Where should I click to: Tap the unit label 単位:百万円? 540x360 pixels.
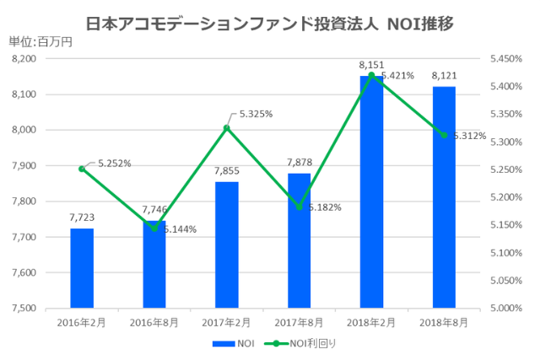[x=40, y=43]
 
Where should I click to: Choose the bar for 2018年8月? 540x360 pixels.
[x=444, y=197]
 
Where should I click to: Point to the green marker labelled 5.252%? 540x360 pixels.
[x=82, y=169]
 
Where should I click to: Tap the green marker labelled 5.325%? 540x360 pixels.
[x=227, y=128]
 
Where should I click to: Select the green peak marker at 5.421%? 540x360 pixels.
[x=371, y=75]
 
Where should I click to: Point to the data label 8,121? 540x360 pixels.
[x=444, y=76]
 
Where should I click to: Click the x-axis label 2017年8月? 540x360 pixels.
[x=299, y=321]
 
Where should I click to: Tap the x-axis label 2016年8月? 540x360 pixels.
[x=154, y=321]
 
